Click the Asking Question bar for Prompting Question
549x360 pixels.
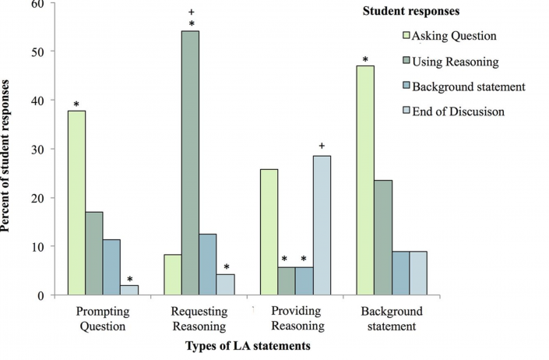point(76,203)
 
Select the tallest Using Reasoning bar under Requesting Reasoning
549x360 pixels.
point(190,163)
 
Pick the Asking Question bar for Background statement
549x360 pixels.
point(364,180)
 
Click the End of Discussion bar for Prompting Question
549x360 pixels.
point(129,290)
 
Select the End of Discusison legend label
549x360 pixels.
point(459,111)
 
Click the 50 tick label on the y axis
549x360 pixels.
point(37,51)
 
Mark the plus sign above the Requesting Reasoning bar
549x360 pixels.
point(190,12)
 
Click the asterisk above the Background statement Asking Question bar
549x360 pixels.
point(364,59)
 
